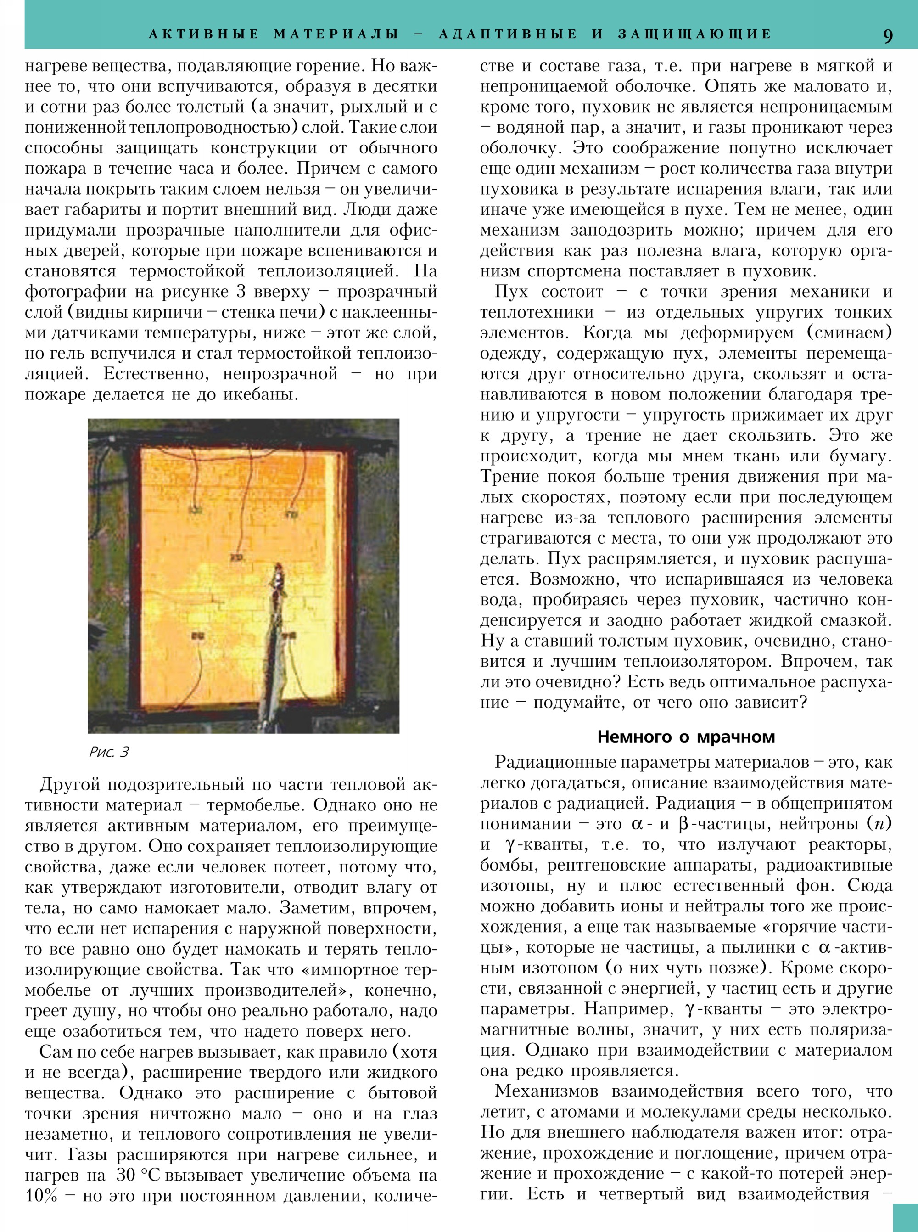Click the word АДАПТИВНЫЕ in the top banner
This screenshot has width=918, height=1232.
pyautogui.click(x=508, y=34)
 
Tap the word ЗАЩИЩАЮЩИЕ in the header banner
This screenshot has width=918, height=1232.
pyautogui.click(x=694, y=34)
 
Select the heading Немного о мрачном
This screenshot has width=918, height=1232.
pyautogui.click(x=686, y=737)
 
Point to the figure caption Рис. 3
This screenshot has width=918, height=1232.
pyautogui.click(x=109, y=752)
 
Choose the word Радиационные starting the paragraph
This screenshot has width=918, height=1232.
pyautogui.click(x=561, y=762)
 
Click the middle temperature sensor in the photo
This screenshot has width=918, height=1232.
pyautogui.click(x=238, y=557)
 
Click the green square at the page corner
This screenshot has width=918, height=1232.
pyautogui.click(x=905, y=1218)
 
